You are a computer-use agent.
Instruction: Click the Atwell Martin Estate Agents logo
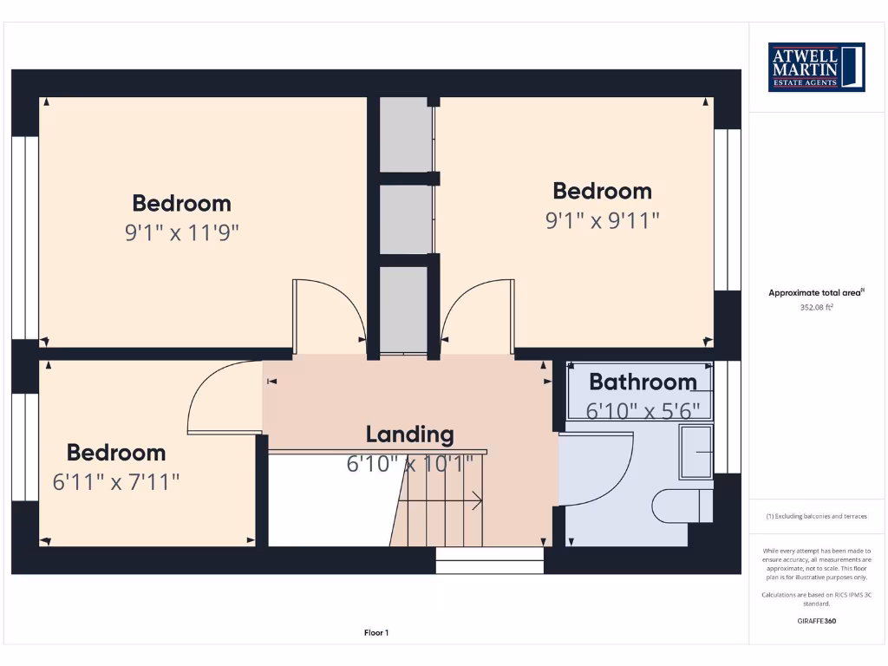(x=817, y=67)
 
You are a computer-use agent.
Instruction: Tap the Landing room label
(x=409, y=434)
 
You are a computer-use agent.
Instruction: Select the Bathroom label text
(x=643, y=382)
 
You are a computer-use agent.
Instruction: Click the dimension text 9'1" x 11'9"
(x=181, y=232)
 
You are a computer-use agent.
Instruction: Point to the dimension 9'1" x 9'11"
(x=602, y=220)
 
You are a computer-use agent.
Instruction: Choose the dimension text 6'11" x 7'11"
(x=116, y=481)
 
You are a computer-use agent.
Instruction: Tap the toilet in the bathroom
(x=682, y=506)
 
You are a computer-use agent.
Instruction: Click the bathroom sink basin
(x=695, y=452)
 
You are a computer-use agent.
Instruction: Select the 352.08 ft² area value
(x=816, y=307)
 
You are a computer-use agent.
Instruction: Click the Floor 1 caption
(x=376, y=633)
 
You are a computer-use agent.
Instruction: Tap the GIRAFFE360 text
(x=816, y=621)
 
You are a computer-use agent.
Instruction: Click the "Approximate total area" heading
(x=816, y=293)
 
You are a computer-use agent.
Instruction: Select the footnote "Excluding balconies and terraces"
(x=816, y=516)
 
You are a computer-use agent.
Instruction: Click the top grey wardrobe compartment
(x=406, y=134)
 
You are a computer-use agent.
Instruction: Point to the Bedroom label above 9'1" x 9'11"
(x=602, y=191)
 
